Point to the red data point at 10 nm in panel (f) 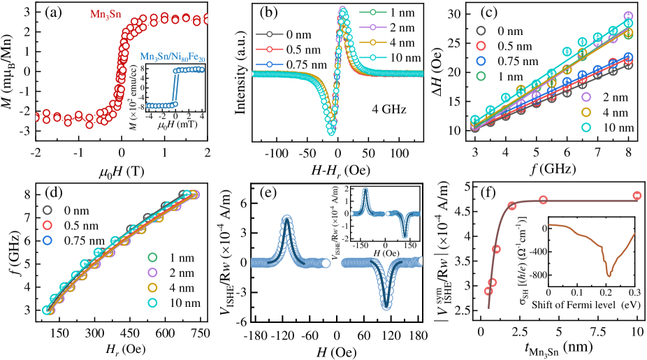pyautogui.click(x=637, y=196)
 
